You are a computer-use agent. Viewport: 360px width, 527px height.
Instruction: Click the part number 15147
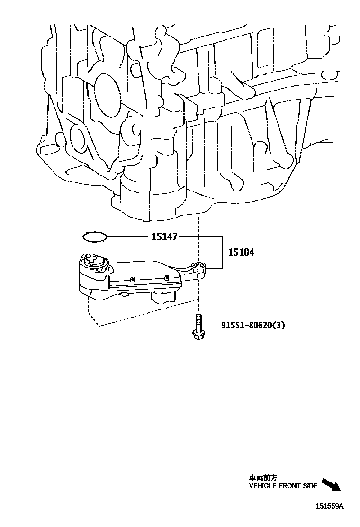[164, 236]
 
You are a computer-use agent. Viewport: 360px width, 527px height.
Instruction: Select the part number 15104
[241, 253]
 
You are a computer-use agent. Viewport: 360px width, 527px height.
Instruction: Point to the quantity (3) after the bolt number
[279, 326]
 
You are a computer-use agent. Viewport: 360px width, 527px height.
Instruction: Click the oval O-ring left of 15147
[95, 236]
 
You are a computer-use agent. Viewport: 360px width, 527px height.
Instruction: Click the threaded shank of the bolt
[198, 322]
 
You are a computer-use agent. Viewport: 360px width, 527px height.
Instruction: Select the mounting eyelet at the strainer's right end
[198, 266]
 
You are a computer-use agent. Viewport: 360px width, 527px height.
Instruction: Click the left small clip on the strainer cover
[133, 279]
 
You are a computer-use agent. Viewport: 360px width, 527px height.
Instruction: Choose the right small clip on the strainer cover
[166, 277]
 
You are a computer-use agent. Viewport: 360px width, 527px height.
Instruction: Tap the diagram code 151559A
[330, 506]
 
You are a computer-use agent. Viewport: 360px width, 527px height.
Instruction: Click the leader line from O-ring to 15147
[128, 236]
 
